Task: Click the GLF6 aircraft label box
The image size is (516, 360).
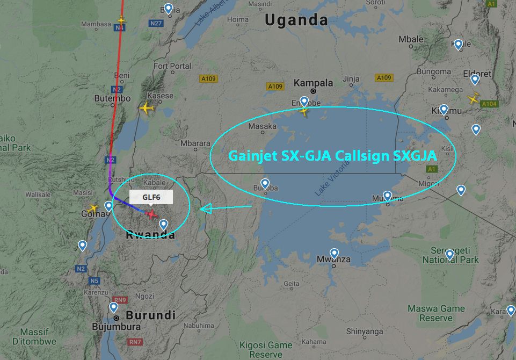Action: point(151,198)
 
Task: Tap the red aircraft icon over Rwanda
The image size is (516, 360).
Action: point(152,215)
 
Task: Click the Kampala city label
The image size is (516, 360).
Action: point(314,83)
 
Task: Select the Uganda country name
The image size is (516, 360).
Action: point(296,20)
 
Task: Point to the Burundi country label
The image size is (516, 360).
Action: point(151,314)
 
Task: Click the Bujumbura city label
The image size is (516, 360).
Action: point(116,326)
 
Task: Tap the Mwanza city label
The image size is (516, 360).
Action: point(333,260)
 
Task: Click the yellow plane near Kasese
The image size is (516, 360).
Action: point(147,108)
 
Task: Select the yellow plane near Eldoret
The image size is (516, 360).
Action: point(474,98)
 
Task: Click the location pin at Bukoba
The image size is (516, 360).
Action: point(265,183)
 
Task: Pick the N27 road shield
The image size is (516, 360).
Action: point(156,23)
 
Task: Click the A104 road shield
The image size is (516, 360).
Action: point(489,104)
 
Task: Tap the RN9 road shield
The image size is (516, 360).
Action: point(120,300)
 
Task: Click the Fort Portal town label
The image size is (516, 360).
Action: point(172,66)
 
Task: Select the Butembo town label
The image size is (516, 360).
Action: point(112,98)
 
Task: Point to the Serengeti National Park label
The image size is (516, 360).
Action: point(450,255)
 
